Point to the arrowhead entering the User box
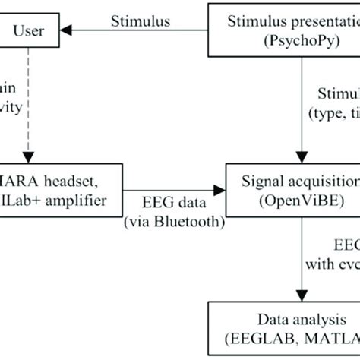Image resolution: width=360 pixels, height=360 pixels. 67,31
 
